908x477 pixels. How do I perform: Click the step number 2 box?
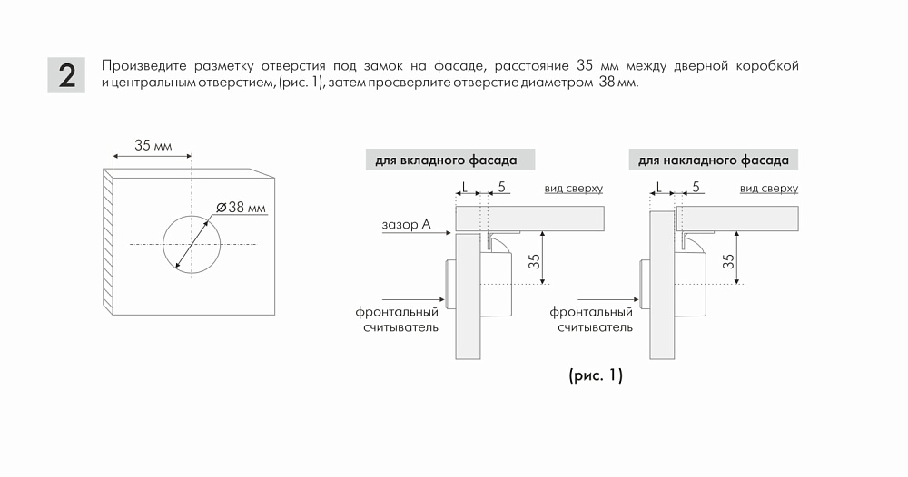click(66, 75)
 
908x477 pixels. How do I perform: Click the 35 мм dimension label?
click(153, 145)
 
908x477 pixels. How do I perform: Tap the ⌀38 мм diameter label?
click(242, 208)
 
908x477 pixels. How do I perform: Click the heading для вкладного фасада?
click(446, 161)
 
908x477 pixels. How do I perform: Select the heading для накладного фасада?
click(714, 161)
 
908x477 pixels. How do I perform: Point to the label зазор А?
click(406, 224)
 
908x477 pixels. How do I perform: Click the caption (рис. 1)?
click(596, 375)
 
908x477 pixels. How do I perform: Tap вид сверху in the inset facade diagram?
click(573, 189)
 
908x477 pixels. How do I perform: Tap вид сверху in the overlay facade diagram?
click(768, 189)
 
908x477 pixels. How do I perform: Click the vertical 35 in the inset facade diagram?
click(535, 261)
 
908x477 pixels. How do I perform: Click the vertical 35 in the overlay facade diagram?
click(728, 261)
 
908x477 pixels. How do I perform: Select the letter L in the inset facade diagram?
click(464, 187)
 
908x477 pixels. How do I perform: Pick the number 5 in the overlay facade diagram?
click(696, 187)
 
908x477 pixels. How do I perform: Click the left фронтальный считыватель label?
click(398, 320)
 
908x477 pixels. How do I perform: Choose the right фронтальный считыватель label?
click(591, 320)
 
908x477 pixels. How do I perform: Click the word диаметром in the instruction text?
click(557, 83)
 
